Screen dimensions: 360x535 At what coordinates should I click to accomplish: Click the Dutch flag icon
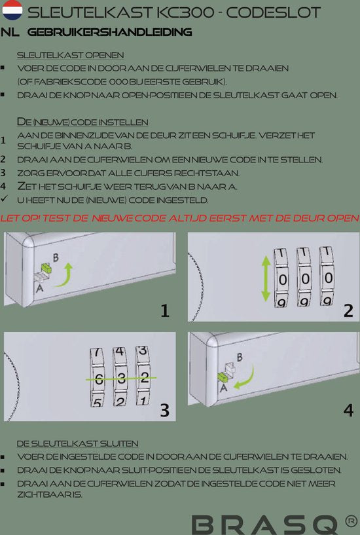[12, 10]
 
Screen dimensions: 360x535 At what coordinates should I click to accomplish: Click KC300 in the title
[186, 12]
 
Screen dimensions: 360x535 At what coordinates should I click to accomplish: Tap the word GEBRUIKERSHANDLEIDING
[110, 32]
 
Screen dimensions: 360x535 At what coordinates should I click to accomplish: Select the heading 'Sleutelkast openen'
[71, 55]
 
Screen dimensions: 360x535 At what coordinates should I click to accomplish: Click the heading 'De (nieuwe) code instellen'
[82, 122]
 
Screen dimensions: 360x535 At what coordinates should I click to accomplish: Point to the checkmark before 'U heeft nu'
[4, 198]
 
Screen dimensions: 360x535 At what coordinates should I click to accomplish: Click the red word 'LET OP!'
[20, 217]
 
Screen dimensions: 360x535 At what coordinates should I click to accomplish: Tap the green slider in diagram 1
[46, 268]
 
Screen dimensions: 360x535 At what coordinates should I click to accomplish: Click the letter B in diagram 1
[56, 257]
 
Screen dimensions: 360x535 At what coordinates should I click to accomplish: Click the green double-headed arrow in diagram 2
[266, 279]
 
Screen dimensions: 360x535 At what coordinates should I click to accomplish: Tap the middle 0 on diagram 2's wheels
[305, 279]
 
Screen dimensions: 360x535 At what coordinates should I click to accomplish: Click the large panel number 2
[348, 310]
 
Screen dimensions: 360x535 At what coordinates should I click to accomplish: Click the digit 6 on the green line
[99, 378]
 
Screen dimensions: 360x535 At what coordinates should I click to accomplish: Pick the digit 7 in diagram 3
[98, 352]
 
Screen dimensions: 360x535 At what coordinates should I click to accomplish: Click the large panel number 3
[165, 410]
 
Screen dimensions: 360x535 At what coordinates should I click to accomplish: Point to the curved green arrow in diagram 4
[249, 379]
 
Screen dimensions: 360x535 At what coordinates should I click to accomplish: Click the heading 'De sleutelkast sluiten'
[78, 443]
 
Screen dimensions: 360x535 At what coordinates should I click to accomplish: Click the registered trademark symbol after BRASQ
[351, 521]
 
